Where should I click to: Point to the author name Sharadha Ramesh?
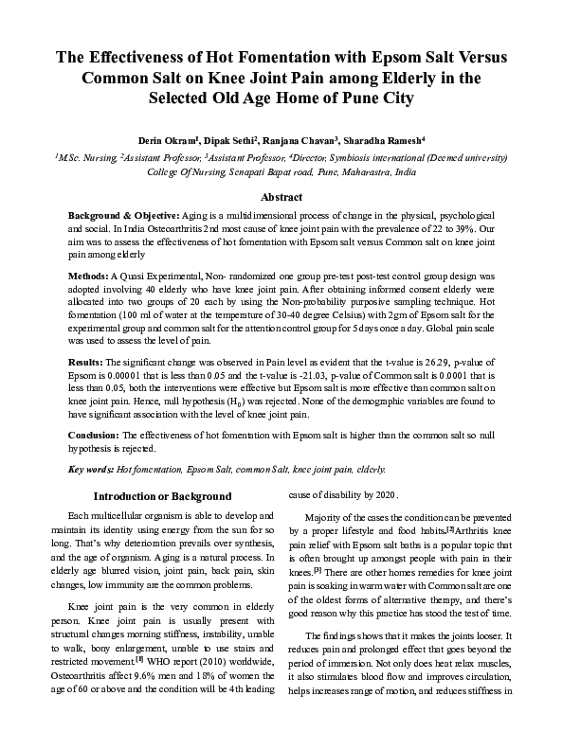tap(395, 139)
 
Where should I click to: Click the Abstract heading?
tap(281, 197)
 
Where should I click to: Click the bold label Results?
tap(89, 363)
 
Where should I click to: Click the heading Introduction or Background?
tap(162, 496)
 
